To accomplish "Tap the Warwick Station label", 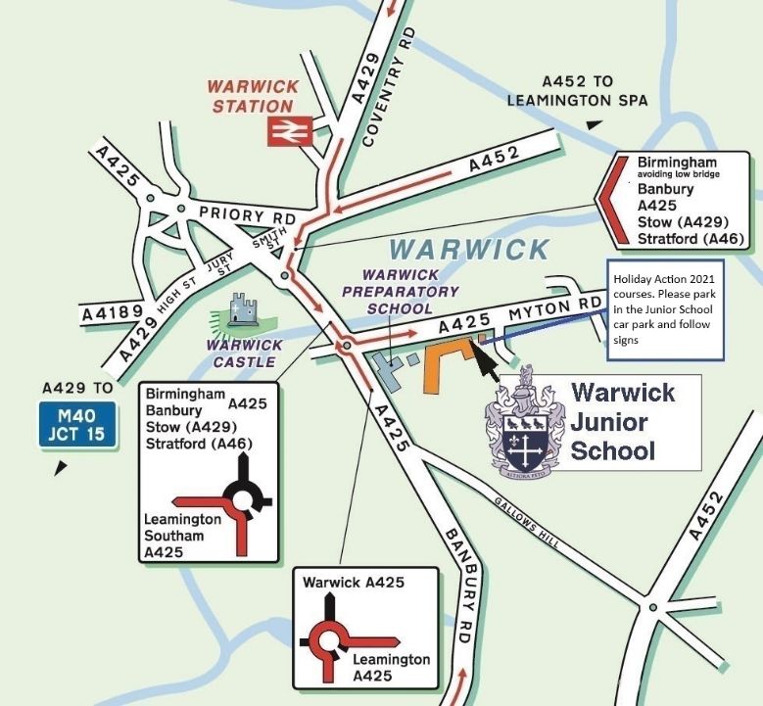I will coord(253,96).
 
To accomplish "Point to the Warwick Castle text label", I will coord(245,353).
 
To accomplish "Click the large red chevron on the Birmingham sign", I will coord(613,199).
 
